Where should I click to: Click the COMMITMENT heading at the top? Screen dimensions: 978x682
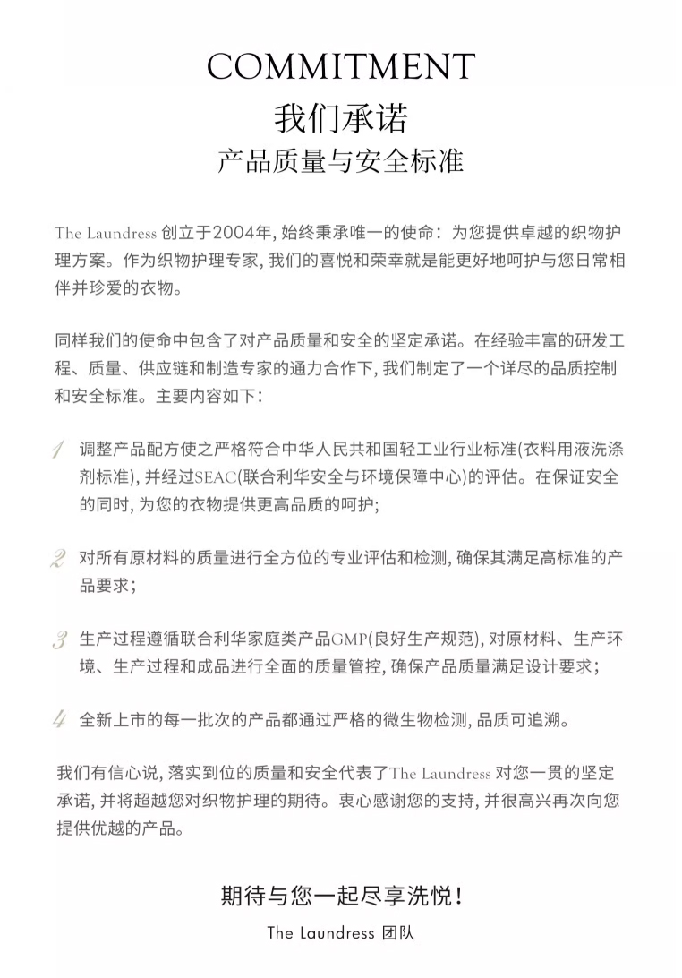[341, 66]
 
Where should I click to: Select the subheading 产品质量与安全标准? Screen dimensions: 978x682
[341, 162]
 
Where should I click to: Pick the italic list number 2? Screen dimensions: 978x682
[58, 560]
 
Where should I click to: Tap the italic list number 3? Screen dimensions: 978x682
[59, 640]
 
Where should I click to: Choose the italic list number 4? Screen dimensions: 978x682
[59, 719]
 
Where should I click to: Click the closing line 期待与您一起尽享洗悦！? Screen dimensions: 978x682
[341, 896]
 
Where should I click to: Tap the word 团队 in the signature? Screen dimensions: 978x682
[397, 932]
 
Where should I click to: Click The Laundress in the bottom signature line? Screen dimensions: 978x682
[320, 932]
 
